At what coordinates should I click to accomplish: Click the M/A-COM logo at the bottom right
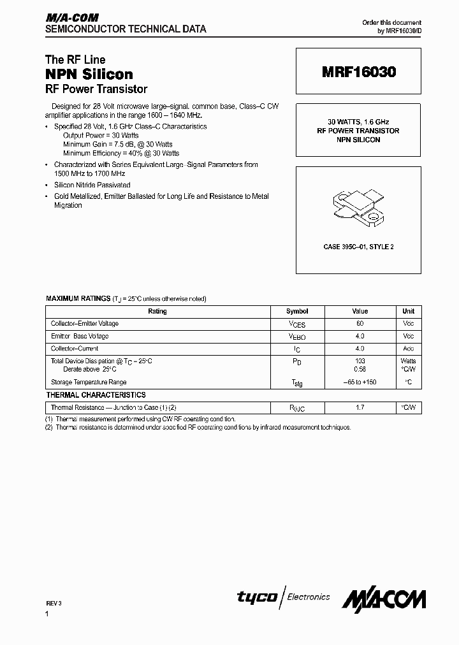[x=384, y=599]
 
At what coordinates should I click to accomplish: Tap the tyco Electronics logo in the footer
[x=284, y=597]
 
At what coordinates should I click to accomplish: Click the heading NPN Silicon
[x=89, y=74]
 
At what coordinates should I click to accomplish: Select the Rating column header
[x=157, y=312]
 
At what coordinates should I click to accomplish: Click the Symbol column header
[x=297, y=312]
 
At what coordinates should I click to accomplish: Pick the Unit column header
[x=409, y=312]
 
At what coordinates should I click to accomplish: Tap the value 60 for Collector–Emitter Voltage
[x=360, y=324]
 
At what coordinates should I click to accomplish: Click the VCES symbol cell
[x=297, y=324]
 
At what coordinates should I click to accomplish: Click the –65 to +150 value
[x=360, y=382]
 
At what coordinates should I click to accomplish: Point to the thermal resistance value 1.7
[x=360, y=407]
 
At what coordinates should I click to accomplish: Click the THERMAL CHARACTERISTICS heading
[x=96, y=395]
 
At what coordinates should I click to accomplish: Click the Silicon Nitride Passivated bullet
[x=92, y=185]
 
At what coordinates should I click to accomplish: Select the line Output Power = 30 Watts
[x=101, y=136]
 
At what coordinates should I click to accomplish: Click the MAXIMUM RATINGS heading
[x=78, y=298]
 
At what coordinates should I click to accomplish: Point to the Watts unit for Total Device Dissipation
[x=409, y=361]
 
